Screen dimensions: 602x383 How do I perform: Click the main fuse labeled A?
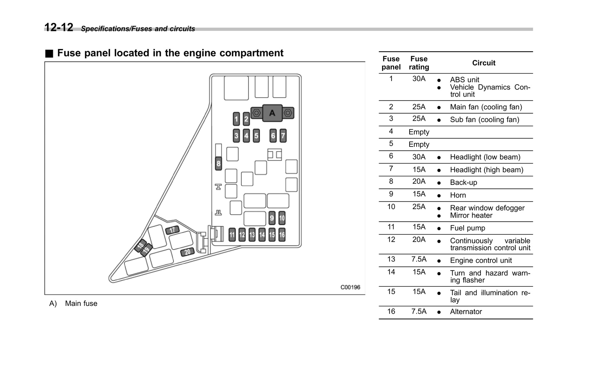tap(272, 113)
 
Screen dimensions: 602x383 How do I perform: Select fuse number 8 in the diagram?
tap(218, 163)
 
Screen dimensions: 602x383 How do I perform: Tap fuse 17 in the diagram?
tap(172, 230)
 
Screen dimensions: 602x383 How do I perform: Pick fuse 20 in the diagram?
tap(187, 252)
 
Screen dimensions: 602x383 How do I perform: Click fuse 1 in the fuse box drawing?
tap(236, 119)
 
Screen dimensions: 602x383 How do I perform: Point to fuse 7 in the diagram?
tap(283, 136)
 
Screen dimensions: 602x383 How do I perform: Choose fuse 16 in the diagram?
tap(282, 235)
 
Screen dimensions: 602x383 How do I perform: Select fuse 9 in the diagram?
tap(272, 218)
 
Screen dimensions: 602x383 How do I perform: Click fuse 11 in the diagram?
tap(232, 235)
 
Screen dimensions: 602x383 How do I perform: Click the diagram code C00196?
tap(350, 287)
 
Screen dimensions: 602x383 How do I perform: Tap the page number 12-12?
tap(59, 27)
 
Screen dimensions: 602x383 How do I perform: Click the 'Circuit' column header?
tap(484, 63)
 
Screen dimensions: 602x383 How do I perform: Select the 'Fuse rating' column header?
tap(419, 63)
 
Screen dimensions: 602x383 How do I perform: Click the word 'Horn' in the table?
tap(458, 195)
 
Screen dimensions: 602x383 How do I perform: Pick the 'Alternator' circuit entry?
tap(466, 312)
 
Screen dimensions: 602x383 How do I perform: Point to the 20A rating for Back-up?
tap(419, 181)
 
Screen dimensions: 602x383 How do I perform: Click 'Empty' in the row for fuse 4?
tap(419, 132)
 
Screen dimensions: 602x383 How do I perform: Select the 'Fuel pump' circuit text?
tap(467, 228)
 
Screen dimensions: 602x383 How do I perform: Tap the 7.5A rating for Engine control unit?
tap(419, 259)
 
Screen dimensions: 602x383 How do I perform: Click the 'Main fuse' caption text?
tap(81, 304)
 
